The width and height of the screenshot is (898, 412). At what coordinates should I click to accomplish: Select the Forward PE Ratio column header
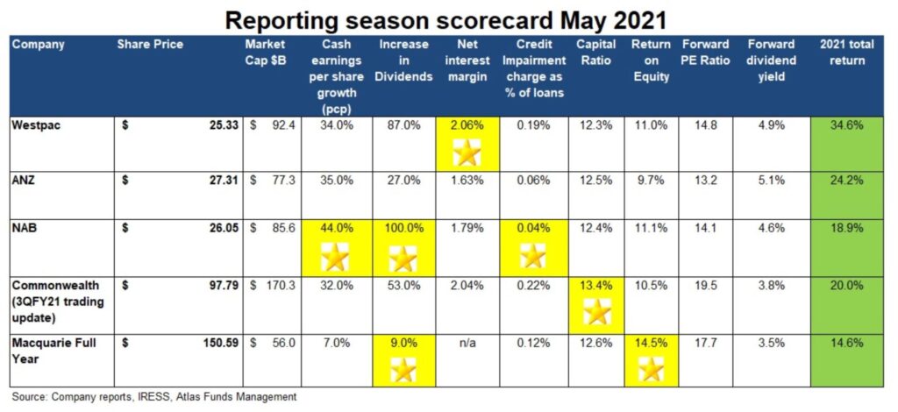point(706,52)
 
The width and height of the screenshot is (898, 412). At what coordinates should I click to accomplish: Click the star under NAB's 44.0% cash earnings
point(334,258)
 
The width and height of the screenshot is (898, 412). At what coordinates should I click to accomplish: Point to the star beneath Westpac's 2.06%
point(467,154)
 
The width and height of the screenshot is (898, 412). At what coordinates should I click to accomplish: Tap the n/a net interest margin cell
point(467,343)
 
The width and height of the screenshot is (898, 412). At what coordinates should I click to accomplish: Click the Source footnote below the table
point(154,396)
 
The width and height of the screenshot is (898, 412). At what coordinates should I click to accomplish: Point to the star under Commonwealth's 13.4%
point(597,312)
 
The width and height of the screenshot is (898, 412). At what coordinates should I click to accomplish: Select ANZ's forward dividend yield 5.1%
point(771,181)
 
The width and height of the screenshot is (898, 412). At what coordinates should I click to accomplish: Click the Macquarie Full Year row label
point(53,351)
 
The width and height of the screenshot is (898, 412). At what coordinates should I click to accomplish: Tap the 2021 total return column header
point(846,52)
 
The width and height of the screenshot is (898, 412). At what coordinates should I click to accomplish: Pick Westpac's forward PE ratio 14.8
point(706,126)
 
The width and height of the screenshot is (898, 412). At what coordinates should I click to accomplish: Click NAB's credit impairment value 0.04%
point(532,228)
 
